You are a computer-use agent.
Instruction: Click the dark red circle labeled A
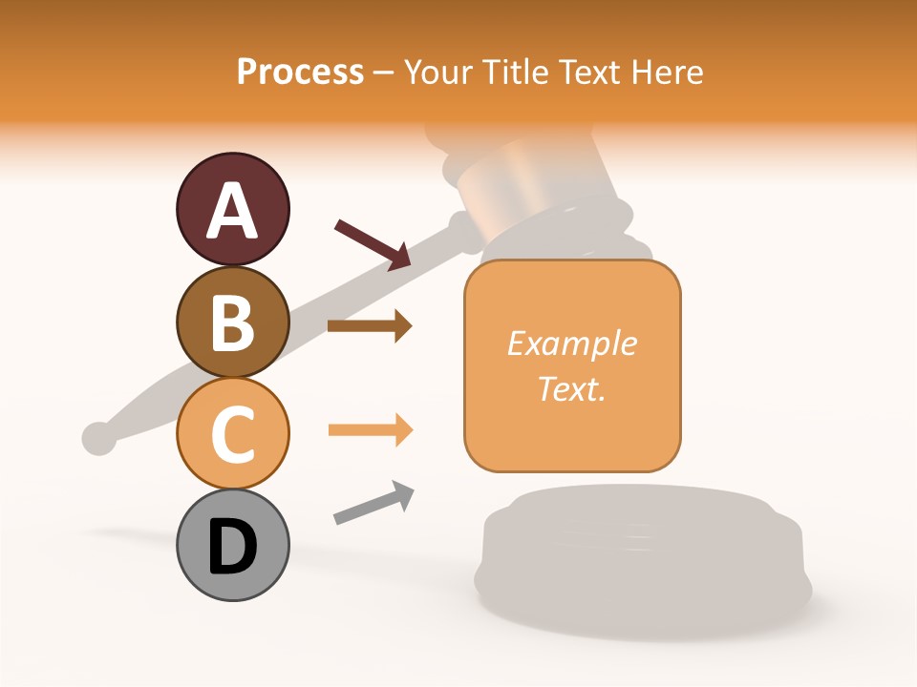pos(232,209)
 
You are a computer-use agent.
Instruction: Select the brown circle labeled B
pos(232,322)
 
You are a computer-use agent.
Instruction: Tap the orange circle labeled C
pos(232,433)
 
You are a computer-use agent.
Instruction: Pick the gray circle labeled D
pos(232,545)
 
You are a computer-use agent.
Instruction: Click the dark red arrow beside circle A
pos(373,244)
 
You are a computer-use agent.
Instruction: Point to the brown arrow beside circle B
pos(369,326)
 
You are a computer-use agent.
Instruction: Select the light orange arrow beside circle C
pos(370,430)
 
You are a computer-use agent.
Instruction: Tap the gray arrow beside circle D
pos(373,503)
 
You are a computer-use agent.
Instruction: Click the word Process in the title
pos(300,72)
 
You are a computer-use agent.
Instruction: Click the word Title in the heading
pos(518,72)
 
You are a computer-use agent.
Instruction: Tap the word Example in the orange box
pos(571,343)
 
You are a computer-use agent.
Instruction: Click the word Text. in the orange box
pos(571,388)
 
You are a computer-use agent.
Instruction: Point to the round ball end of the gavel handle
pos(97,437)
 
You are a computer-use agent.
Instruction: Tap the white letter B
pos(232,323)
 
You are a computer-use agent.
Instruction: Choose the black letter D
pos(232,547)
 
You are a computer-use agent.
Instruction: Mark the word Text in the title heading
pos(587,72)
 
